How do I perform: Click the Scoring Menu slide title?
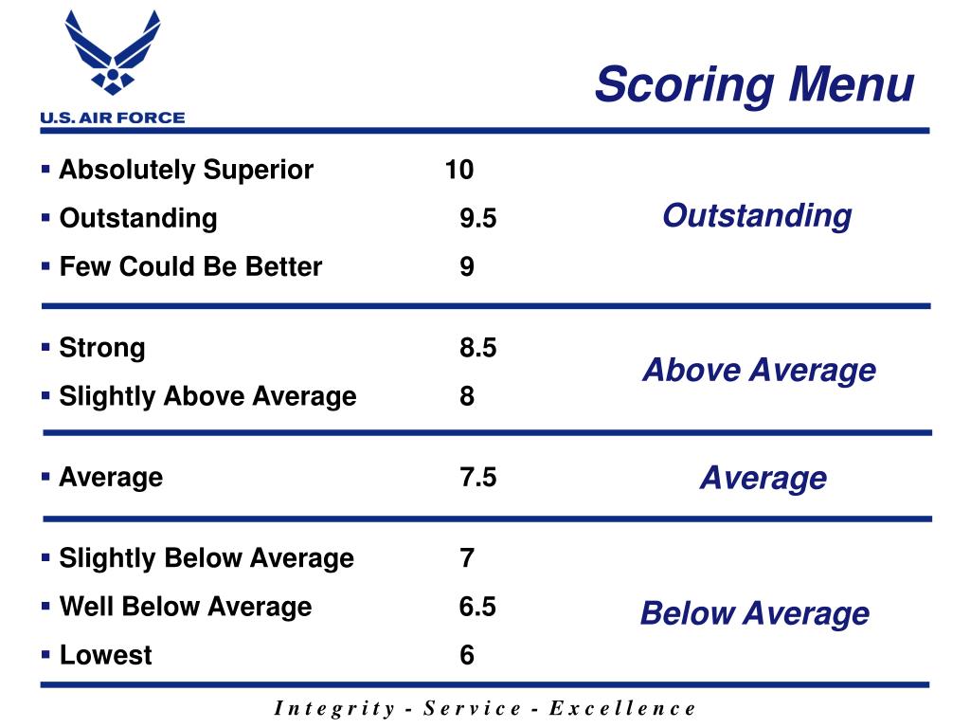point(754,84)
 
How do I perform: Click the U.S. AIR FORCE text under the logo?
point(112,118)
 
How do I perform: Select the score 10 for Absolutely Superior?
point(459,171)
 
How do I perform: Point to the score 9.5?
point(477,219)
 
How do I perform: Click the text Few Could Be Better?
point(190,267)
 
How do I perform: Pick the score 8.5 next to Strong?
point(477,348)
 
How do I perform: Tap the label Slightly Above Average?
point(207,396)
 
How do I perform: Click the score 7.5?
point(477,477)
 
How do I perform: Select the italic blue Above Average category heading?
point(759,370)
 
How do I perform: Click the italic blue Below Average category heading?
point(754,613)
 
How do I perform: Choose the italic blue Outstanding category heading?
point(757,216)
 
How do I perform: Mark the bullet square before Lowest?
point(46,653)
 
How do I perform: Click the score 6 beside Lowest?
point(467,655)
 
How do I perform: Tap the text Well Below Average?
point(186,607)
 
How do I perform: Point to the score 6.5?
point(477,607)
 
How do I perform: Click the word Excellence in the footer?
point(622,708)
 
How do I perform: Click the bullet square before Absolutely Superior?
point(46,169)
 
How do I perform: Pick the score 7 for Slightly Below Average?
point(467,558)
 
